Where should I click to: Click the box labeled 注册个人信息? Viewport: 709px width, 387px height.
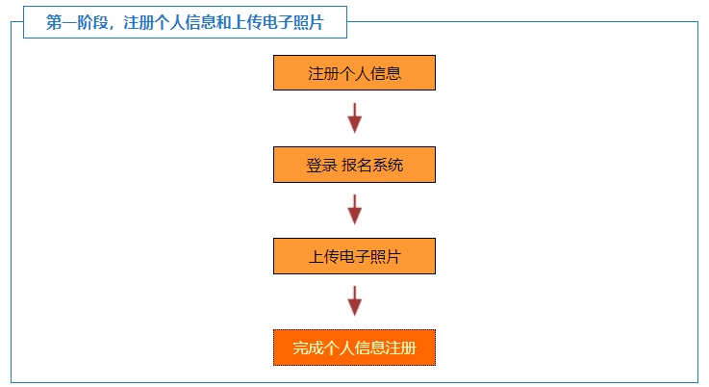[354, 73]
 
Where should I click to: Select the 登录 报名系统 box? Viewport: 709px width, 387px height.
[354, 165]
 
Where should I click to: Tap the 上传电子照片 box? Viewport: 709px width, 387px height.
[354, 256]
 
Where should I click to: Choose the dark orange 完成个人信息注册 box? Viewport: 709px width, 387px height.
[354, 348]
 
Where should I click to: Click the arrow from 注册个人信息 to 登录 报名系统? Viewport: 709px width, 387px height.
[354, 118]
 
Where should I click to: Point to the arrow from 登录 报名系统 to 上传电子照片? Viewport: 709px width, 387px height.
[354, 210]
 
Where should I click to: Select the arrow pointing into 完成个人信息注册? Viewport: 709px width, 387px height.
[354, 301]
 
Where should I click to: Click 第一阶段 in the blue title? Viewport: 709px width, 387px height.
[77, 22]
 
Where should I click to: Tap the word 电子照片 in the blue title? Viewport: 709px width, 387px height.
[292, 22]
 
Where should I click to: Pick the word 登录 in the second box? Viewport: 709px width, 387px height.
[321, 166]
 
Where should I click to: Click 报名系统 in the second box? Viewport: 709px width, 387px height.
[372, 166]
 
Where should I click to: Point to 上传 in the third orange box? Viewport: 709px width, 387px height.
[323, 257]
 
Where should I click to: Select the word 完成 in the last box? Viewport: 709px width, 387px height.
[308, 348]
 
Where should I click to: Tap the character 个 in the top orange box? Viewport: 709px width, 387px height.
[347, 73]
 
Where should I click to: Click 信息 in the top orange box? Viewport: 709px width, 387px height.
[386, 73]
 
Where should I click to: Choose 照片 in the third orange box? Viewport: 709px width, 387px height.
[386, 257]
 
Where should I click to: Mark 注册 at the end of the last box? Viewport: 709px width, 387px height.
[401, 348]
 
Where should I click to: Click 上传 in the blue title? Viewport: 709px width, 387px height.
[246, 22]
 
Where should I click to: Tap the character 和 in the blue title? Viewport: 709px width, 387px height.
[223, 22]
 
